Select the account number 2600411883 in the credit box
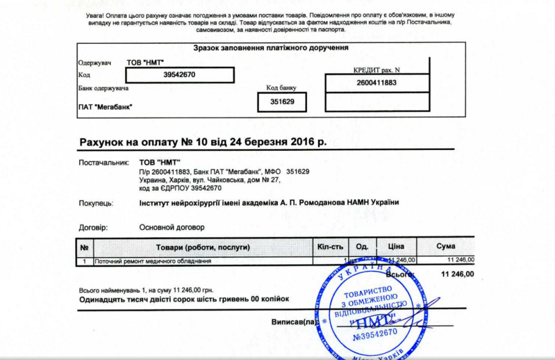point(376,83)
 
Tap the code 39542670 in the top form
point(179,74)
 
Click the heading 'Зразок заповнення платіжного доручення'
point(270,48)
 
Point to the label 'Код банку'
point(281,88)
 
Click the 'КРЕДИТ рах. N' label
point(376,70)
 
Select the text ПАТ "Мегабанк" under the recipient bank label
point(105,106)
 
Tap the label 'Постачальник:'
point(104,163)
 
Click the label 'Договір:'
point(94,227)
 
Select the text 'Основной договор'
point(172,227)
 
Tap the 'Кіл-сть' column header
point(330,247)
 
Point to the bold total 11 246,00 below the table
point(457,274)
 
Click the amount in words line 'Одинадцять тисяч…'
point(183,299)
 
